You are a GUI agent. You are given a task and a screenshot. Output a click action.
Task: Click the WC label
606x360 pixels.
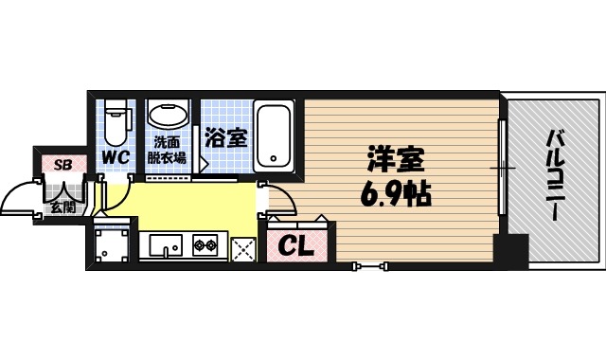117,153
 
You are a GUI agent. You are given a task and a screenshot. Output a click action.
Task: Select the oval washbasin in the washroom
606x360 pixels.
169,116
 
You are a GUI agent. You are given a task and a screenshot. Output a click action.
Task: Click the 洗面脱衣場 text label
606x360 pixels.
169,152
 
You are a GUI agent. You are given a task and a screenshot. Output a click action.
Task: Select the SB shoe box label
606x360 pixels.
62,165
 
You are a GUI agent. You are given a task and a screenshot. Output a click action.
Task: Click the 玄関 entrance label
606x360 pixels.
63,206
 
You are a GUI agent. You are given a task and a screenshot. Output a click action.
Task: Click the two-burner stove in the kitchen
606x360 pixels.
205,247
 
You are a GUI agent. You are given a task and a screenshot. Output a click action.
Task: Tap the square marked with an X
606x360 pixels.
243,248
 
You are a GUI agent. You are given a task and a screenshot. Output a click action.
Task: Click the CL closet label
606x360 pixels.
296,247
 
